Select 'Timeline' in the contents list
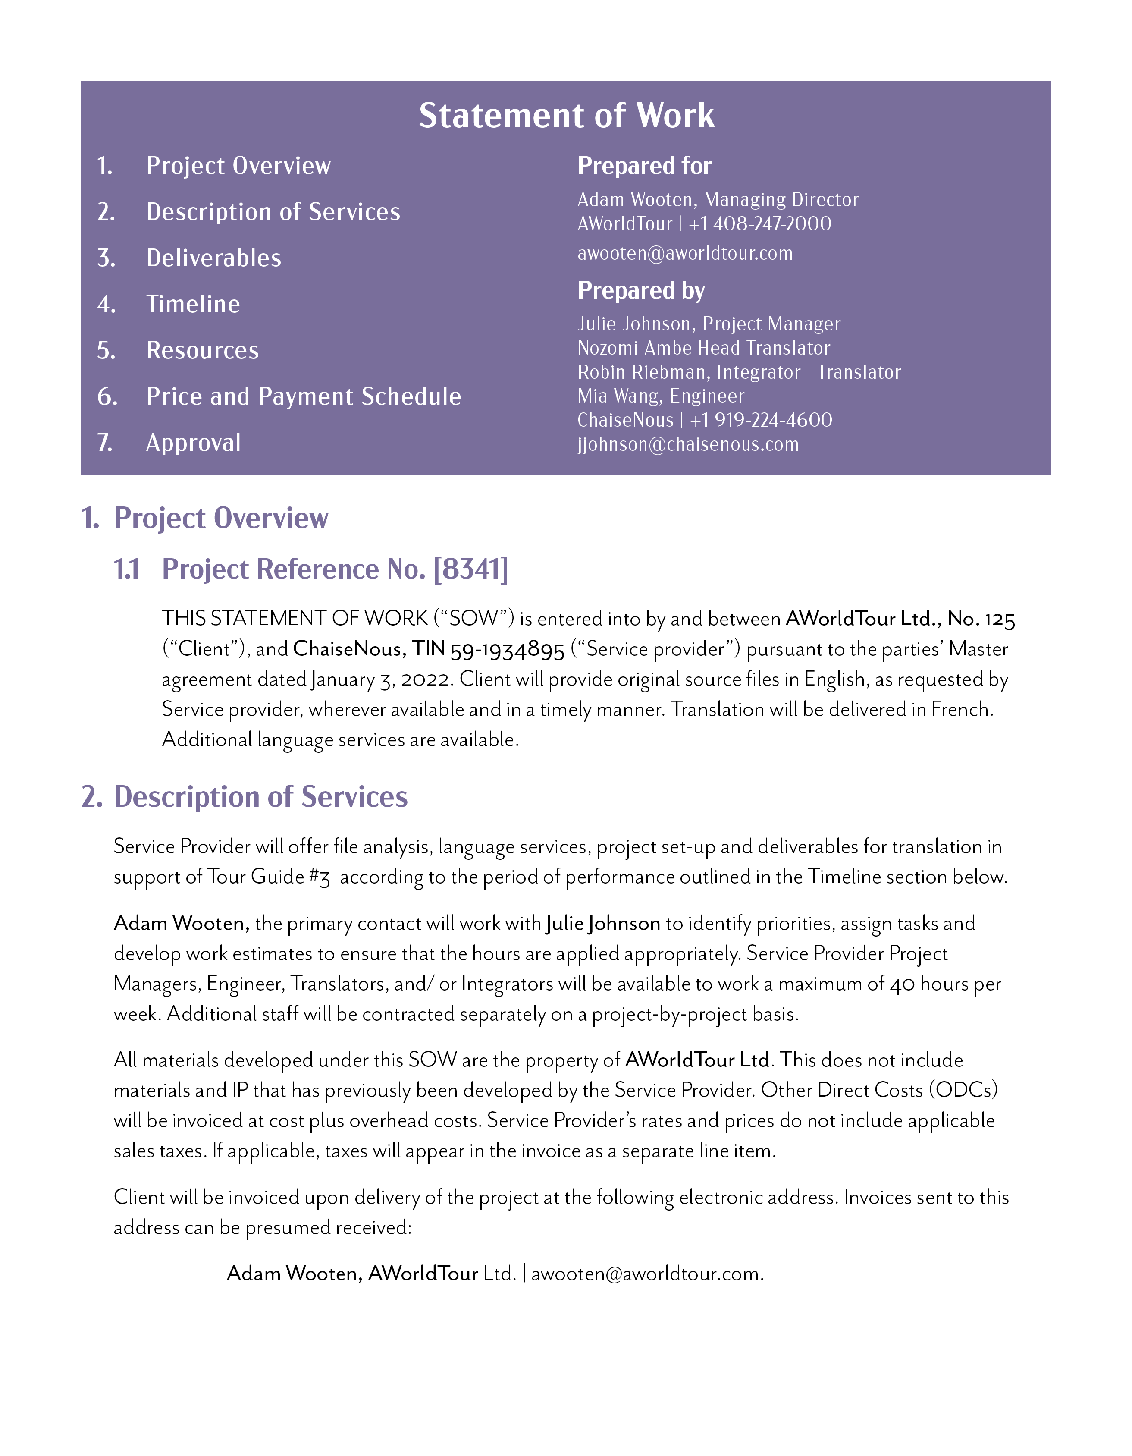(x=193, y=304)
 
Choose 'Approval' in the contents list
(x=193, y=443)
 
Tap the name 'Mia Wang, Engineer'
(x=660, y=396)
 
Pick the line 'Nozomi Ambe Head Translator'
(x=703, y=348)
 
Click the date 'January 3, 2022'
(x=382, y=679)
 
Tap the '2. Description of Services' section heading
(x=245, y=797)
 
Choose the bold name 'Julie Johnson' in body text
(x=603, y=923)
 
